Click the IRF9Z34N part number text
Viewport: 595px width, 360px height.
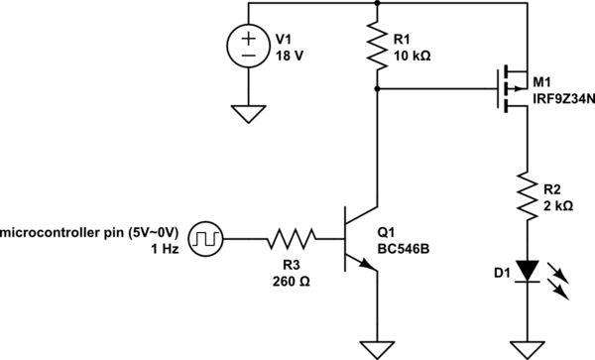tap(564, 97)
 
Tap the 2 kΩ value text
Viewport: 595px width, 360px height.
tap(559, 207)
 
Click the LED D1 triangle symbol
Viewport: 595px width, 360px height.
tap(524, 269)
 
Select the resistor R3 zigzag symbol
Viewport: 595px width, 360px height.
tap(291, 238)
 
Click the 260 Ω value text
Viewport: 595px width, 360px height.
tap(291, 280)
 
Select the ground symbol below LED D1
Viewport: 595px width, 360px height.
tap(524, 347)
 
